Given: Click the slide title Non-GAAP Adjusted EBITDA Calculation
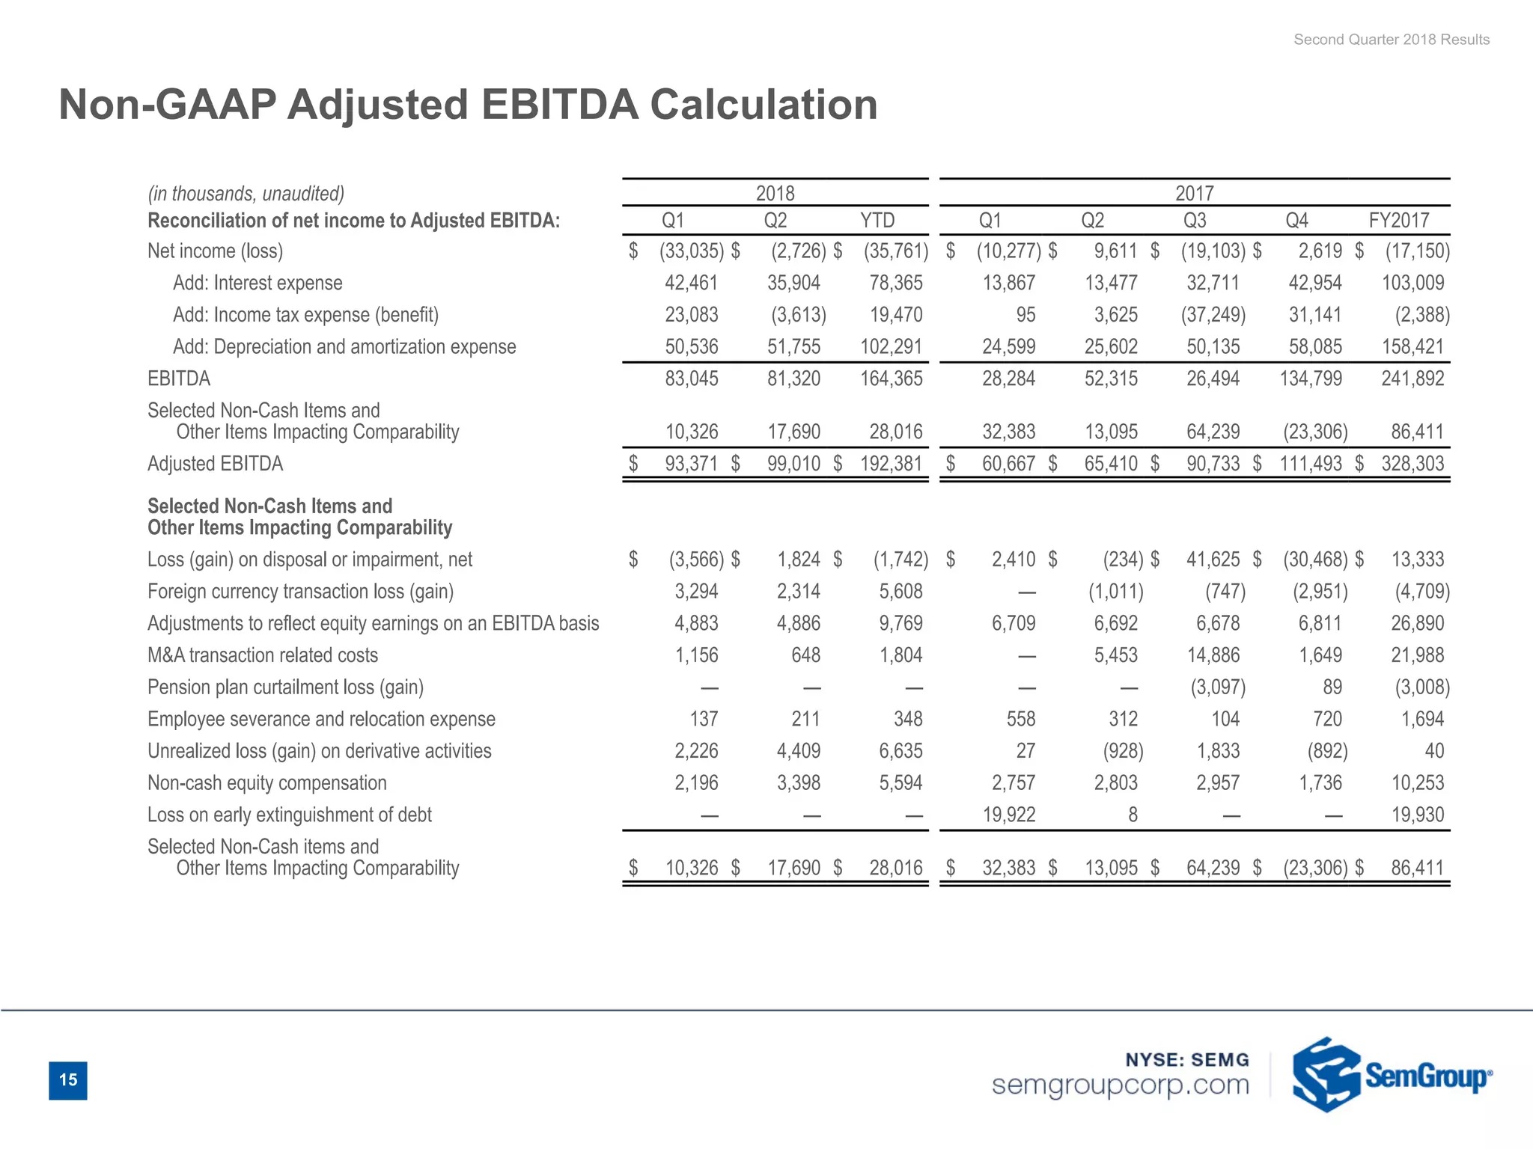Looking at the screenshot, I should tap(468, 104).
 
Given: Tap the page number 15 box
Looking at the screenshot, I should tap(68, 1079).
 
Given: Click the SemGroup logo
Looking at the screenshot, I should tap(1391, 1075).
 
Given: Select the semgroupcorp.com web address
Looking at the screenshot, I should tap(1120, 1085).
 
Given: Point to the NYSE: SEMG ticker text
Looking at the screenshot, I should tap(1187, 1059).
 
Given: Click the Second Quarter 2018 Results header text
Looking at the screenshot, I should tap(1391, 40).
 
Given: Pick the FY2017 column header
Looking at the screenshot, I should tap(1398, 221).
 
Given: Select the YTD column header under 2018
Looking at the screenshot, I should tap(877, 221).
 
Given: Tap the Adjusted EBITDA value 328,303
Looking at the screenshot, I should tap(1412, 464).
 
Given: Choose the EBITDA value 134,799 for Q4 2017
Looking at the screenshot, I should tap(1310, 379).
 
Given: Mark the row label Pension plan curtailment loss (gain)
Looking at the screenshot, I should tap(285, 687).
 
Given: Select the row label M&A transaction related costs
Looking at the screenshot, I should tap(263, 655).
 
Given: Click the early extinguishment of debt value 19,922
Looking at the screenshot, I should tap(1008, 815).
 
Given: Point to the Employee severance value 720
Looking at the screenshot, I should tap(1326, 719).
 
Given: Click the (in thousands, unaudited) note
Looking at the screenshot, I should tap(246, 194).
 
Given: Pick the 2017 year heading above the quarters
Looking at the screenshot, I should tap(1194, 194).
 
